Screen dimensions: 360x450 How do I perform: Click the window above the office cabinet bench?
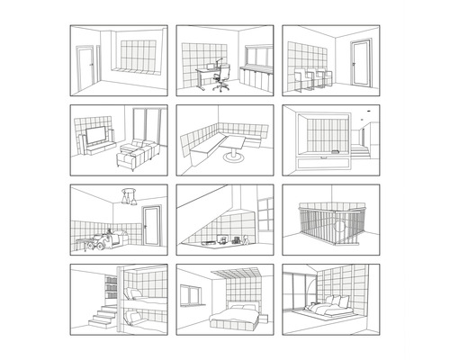tap(259, 54)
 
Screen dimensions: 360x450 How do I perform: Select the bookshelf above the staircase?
tap(112, 289)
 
